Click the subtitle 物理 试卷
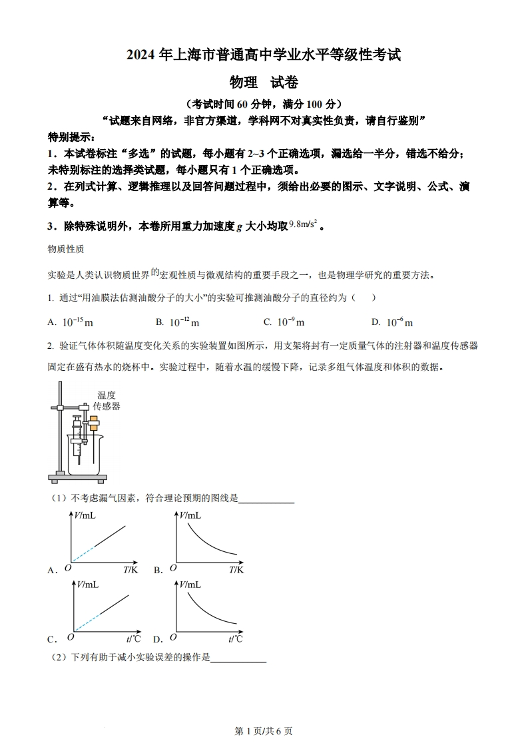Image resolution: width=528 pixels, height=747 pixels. [264, 83]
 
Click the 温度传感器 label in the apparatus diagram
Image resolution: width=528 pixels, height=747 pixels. [107, 401]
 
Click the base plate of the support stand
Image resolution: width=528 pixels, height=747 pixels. [77, 477]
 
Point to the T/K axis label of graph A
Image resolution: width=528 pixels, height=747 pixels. [131, 569]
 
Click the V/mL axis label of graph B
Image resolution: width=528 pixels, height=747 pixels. [190, 515]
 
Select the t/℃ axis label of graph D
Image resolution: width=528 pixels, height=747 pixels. [235, 639]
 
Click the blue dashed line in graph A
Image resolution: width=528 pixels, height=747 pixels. [83, 554]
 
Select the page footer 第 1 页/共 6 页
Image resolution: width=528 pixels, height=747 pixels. [264, 730]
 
